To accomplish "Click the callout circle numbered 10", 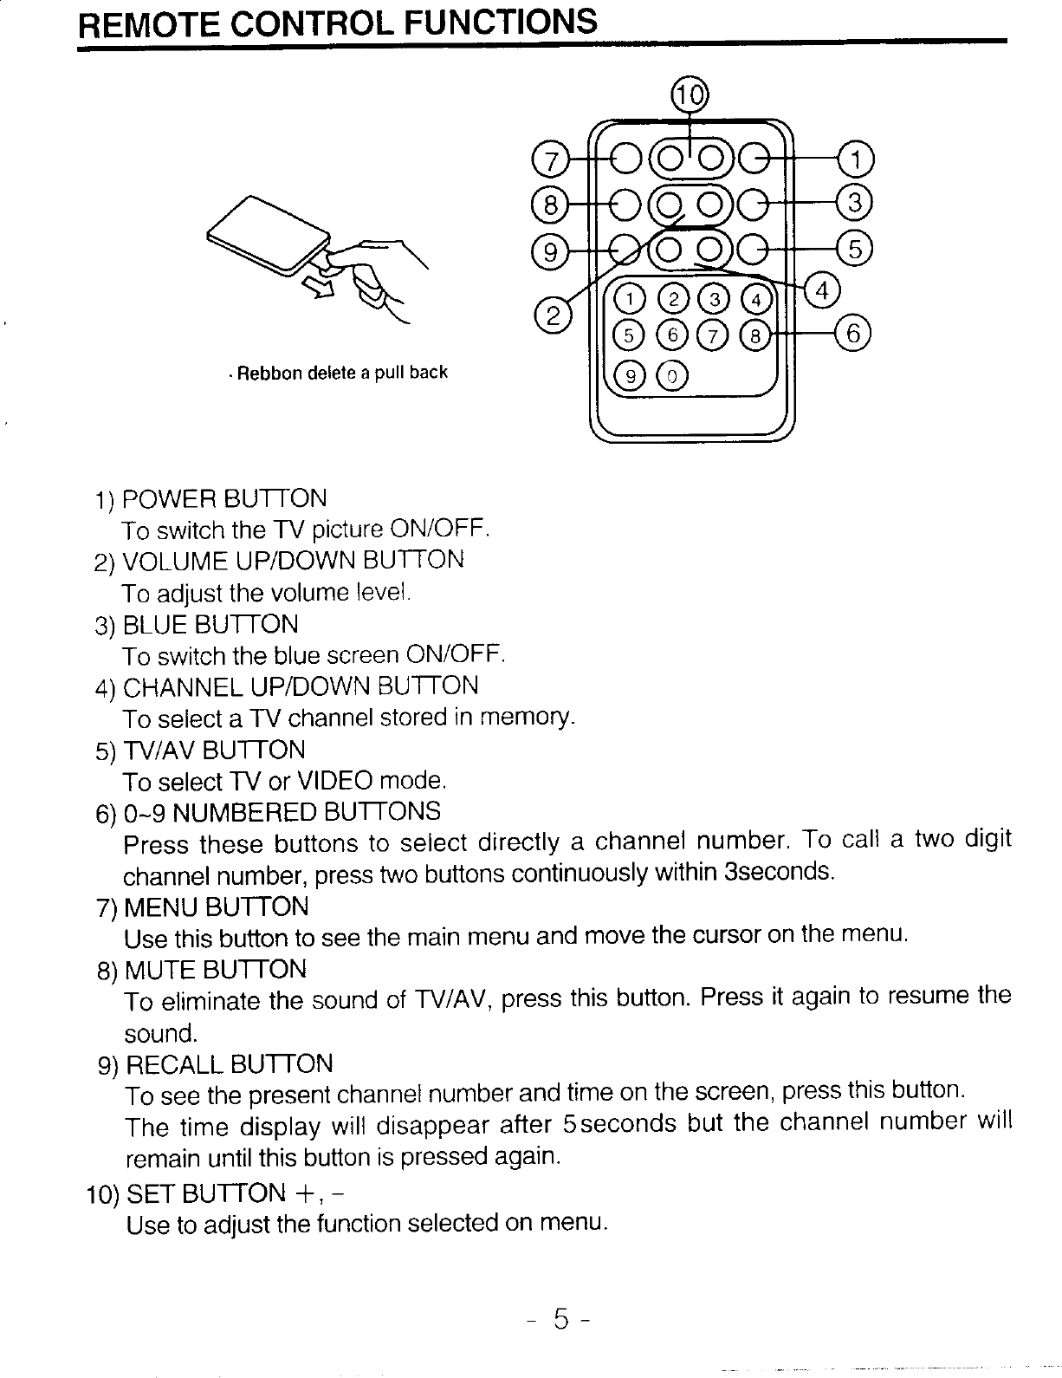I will click(690, 95).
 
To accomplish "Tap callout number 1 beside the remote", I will click(856, 159).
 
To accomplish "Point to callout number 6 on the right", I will click(852, 334).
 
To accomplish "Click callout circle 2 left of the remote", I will click(551, 313).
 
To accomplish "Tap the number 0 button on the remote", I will click(673, 374).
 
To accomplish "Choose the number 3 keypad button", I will click(716, 298).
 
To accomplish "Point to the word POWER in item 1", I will click(170, 499).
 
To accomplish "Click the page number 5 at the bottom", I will click(561, 1320).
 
